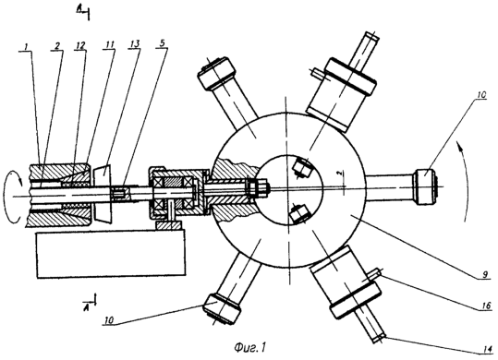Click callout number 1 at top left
27,47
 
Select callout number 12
80,45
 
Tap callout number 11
109,45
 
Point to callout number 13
135,44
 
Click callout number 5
162,43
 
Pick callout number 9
485,274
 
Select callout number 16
486,306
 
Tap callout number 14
487,348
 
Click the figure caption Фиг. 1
249,348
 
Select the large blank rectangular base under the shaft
111,255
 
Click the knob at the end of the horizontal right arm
426,187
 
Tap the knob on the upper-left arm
216,73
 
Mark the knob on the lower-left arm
222,309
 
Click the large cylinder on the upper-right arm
341,94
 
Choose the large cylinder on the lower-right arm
345,282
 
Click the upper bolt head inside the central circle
301,166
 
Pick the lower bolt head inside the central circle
299,214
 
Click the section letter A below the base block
85,306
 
